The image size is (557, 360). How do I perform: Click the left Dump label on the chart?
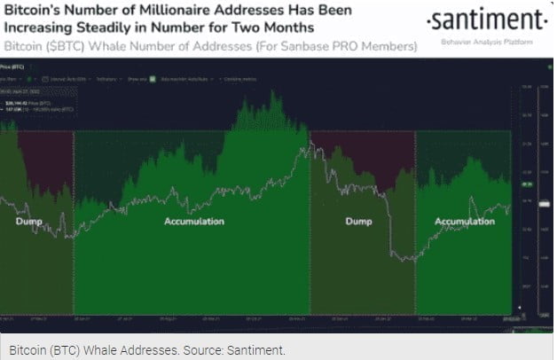pos(28,222)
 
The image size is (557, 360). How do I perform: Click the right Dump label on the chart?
pos(357,222)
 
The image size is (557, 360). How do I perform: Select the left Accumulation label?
pos(193,222)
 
